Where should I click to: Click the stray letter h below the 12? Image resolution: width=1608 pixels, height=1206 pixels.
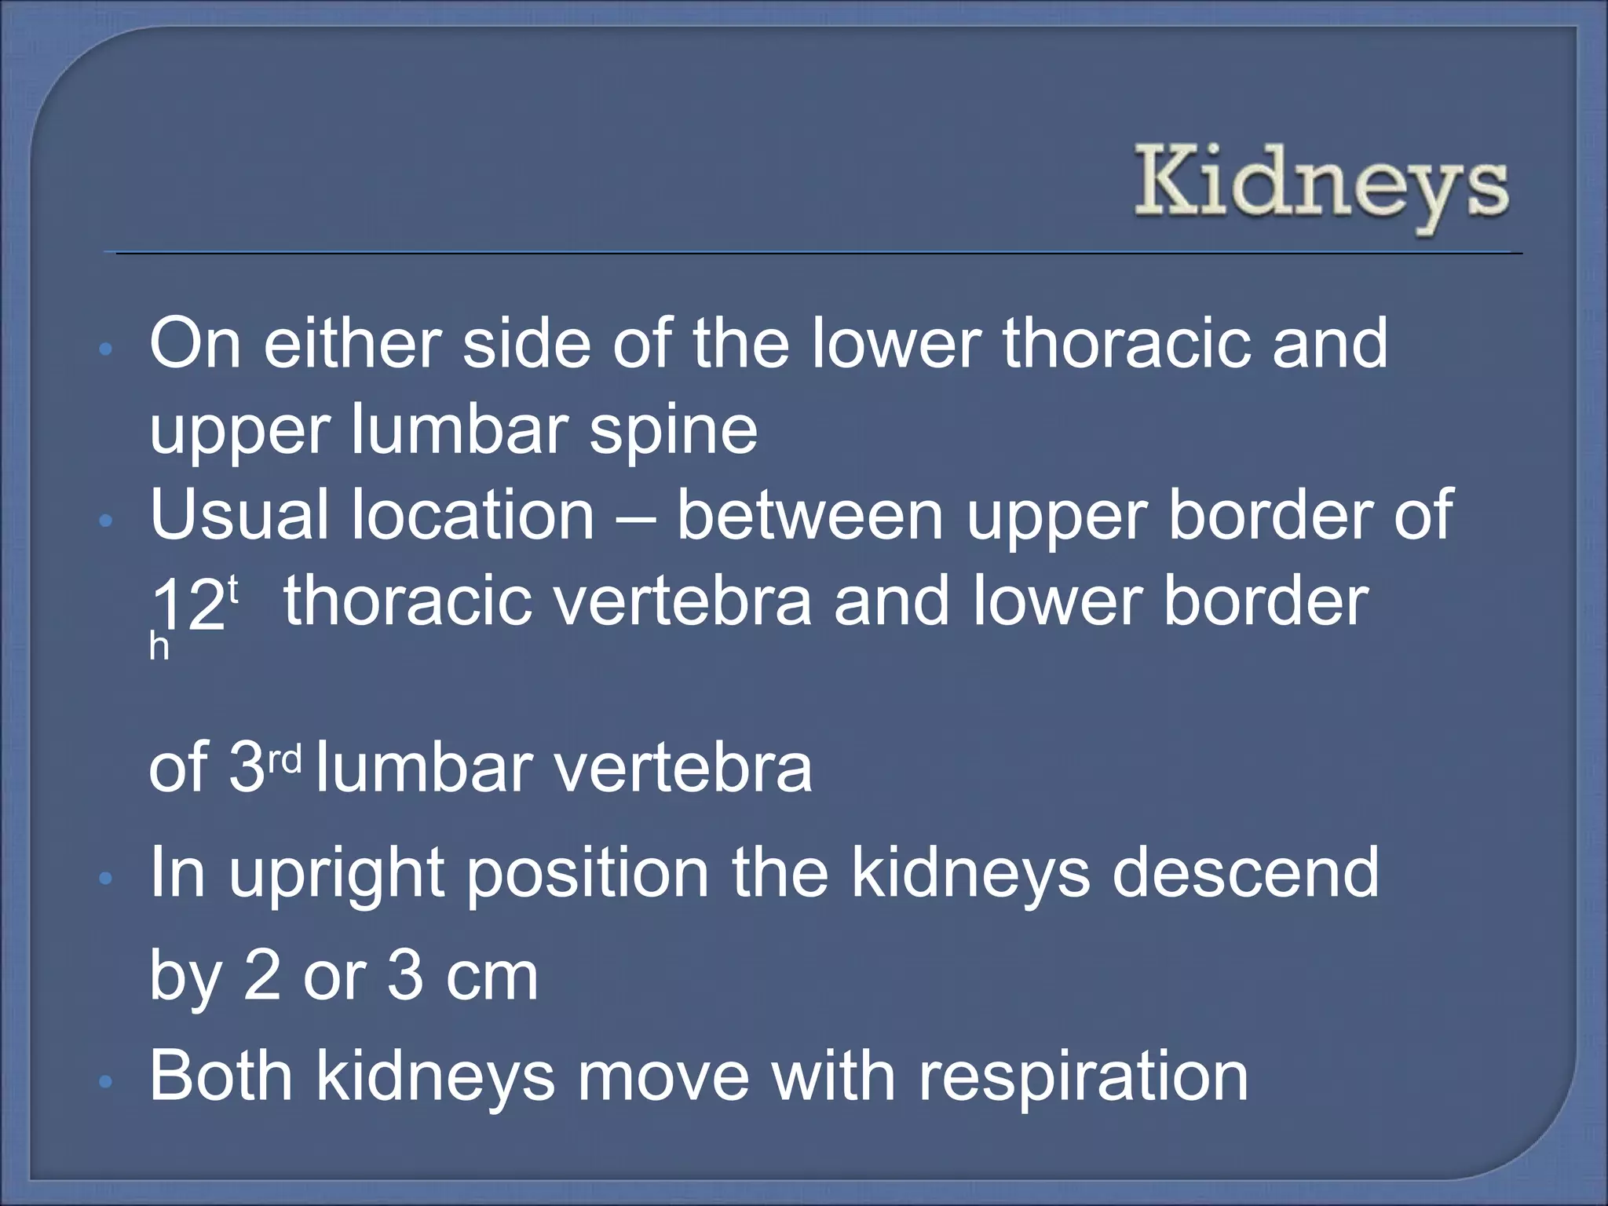click(159, 648)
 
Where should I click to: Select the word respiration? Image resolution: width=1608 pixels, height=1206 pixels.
click(1083, 1076)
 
